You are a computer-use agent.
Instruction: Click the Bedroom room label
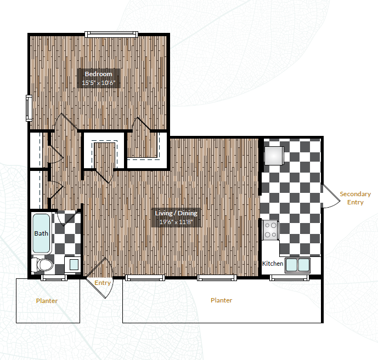98,74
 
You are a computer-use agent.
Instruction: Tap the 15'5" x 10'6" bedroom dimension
98,83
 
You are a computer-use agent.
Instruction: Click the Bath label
41,233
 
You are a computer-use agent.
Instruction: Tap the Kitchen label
273,264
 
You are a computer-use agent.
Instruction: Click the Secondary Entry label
355,198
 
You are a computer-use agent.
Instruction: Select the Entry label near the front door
103,283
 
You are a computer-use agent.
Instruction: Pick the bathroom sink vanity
72,265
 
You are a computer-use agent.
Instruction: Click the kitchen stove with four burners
270,230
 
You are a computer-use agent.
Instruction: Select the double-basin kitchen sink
297,265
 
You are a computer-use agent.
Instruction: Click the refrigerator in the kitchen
273,155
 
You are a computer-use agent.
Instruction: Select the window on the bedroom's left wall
29,108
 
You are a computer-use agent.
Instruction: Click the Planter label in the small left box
47,301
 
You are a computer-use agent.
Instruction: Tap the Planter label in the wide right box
221,300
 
